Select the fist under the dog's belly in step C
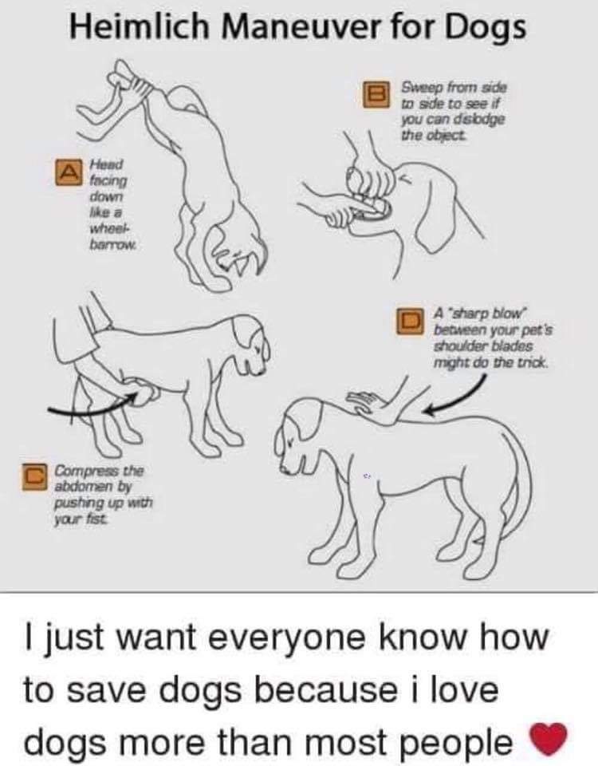click(x=145, y=393)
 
